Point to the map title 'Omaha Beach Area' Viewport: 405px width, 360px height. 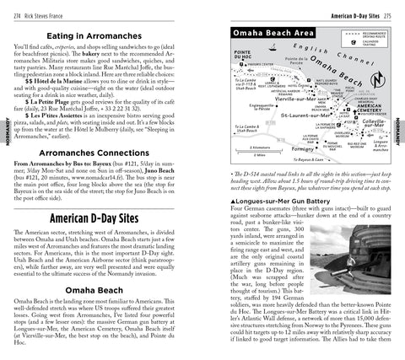coord(269,32)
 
